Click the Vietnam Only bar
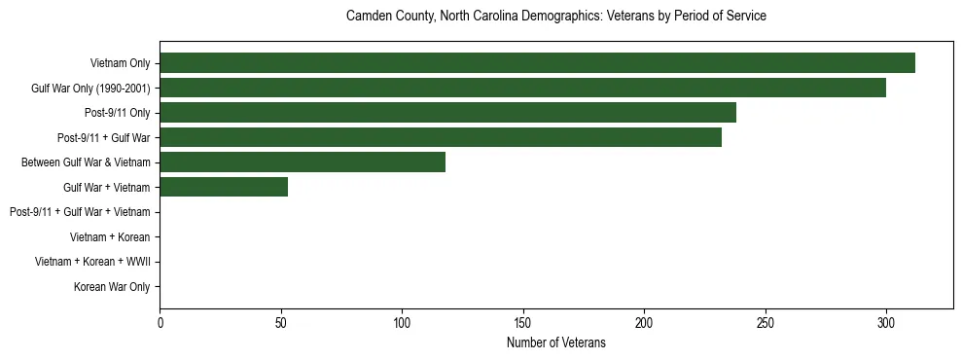537,63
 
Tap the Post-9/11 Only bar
447,113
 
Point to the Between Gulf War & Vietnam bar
303,162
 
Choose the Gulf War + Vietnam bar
224,188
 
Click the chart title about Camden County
556,17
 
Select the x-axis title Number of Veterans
556,342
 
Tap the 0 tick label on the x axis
160,322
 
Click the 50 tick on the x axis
280,322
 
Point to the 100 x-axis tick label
402,322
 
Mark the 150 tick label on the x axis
523,322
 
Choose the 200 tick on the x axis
644,322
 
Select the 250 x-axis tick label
766,322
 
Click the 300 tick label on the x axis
886,322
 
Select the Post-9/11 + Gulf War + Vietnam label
80,212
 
